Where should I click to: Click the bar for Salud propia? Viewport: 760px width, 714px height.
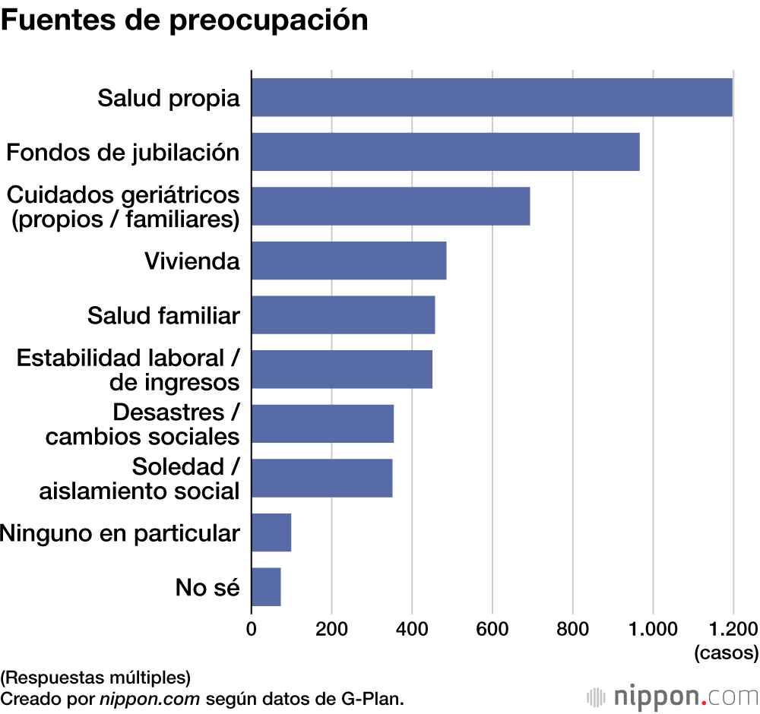492,97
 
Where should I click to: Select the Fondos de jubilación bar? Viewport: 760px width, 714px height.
445,152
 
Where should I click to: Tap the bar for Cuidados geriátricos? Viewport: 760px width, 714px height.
391,207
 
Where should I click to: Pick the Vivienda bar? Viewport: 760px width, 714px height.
349,261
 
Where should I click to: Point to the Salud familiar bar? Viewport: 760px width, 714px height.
343,315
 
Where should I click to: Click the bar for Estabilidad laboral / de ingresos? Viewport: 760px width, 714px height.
342,369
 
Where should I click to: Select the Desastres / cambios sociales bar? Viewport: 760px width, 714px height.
322,424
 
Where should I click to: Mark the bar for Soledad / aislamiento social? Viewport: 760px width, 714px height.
321,478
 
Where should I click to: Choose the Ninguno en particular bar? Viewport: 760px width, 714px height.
271,532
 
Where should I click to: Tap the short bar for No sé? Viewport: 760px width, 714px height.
266,586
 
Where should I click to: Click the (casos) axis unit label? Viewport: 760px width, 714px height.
726,652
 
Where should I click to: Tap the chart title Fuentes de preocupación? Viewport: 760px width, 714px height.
184,21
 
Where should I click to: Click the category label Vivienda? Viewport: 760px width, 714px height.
192,261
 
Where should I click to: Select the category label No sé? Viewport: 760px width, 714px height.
207,587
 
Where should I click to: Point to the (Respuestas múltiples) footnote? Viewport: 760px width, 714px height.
95,676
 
